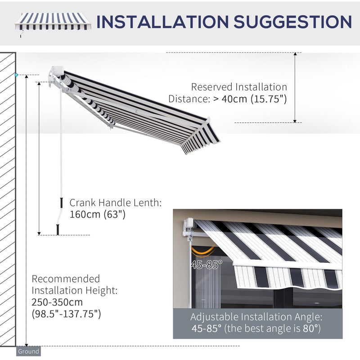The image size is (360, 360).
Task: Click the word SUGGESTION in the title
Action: pyautogui.click(x=291, y=22)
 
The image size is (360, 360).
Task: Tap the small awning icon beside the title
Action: pyautogui.click(x=53, y=22)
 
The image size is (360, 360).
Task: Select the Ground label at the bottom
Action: pyautogui.click(x=28, y=351)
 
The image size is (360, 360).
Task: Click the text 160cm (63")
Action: pyautogui.click(x=97, y=215)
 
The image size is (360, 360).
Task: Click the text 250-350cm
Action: pyautogui.click(x=57, y=302)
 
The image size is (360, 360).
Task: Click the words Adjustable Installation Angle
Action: pyautogui.click(x=256, y=317)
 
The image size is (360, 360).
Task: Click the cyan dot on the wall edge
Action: pyautogui.click(x=17, y=75)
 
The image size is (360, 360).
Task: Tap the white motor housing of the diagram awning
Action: pyautogui.click(x=57, y=72)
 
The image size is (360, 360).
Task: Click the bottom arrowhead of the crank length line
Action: pyautogui.click(x=39, y=233)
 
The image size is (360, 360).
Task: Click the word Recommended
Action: pyautogui.click(x=66, y=279)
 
